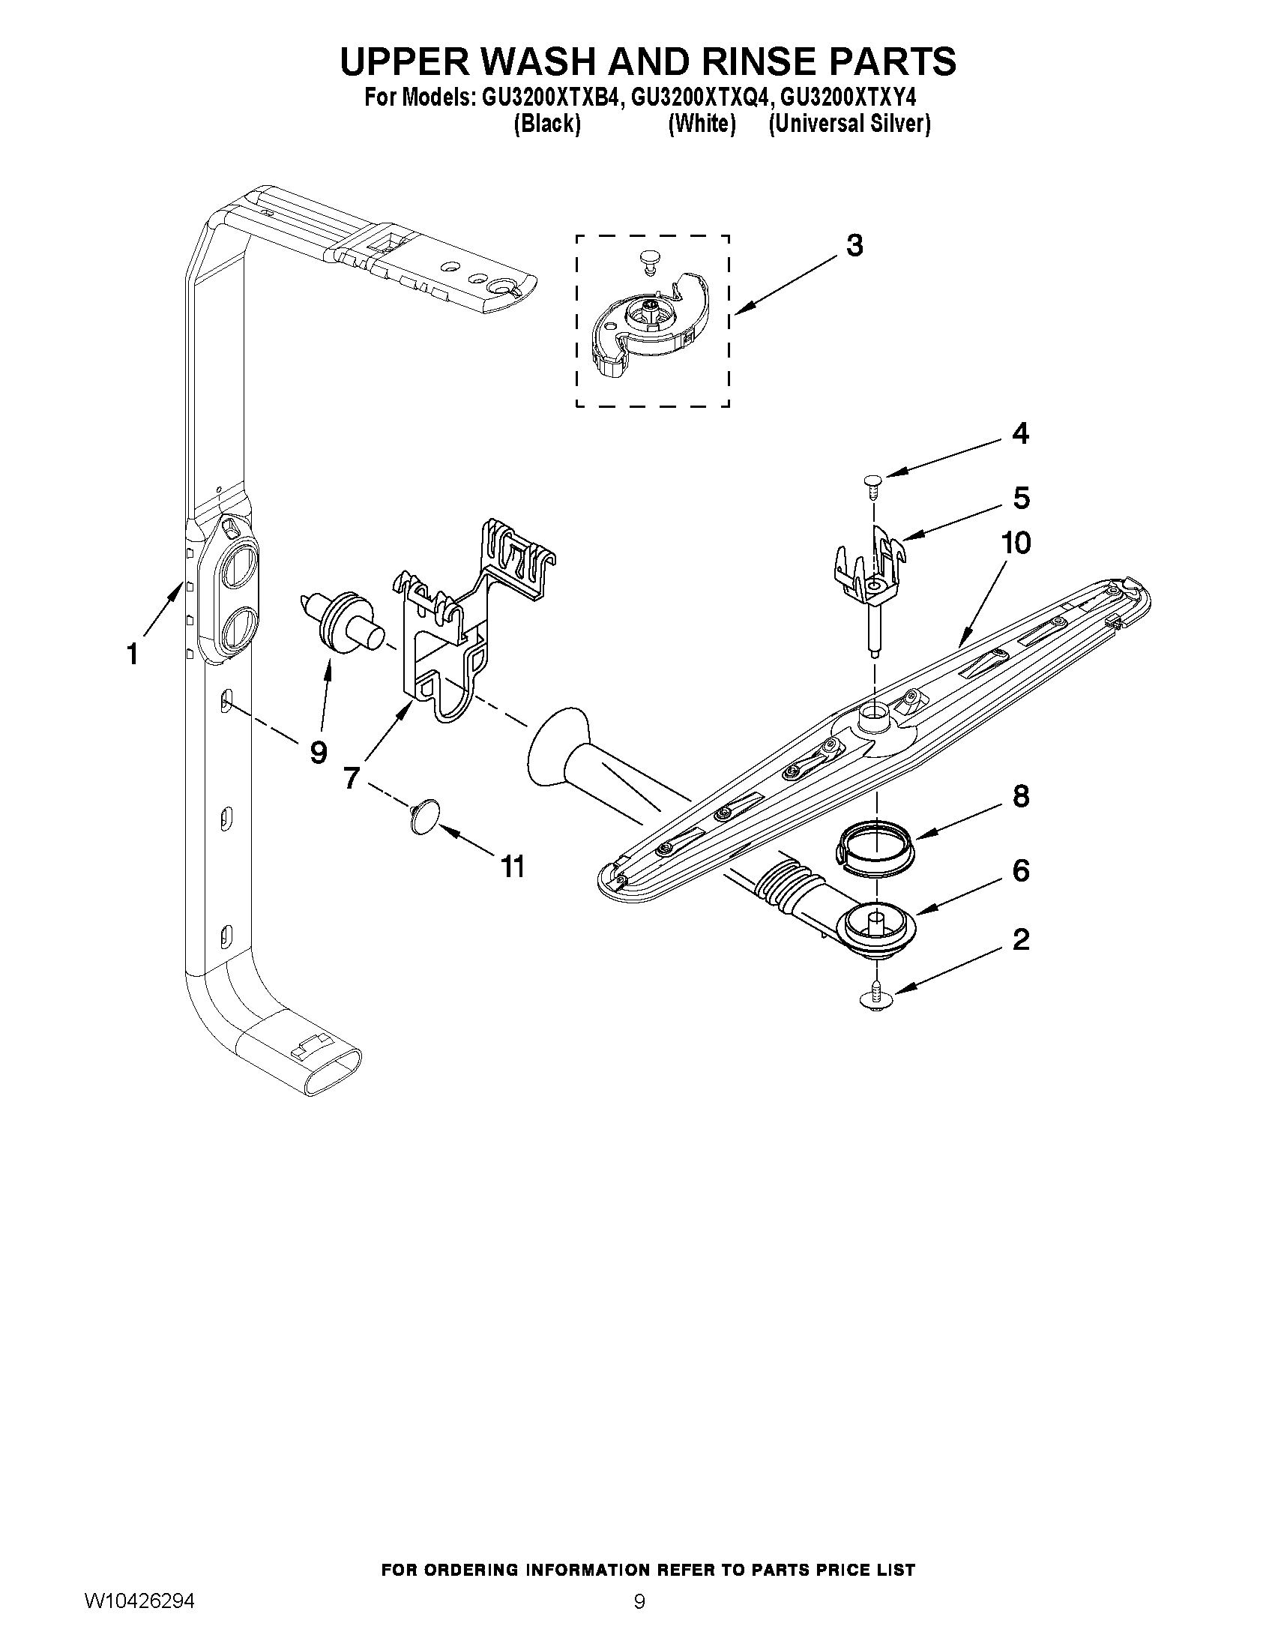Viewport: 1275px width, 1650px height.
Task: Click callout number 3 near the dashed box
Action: click(x=854, y=246)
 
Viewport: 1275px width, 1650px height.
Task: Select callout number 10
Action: click(x=1016, y=543)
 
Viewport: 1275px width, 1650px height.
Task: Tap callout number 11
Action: click(x=513, y=867)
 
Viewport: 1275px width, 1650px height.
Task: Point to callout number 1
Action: click(x=132, y=654)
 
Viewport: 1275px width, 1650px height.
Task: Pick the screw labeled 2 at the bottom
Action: click(x=875, y=996)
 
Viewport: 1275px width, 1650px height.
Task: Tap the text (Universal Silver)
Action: click(x=849, y=123)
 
